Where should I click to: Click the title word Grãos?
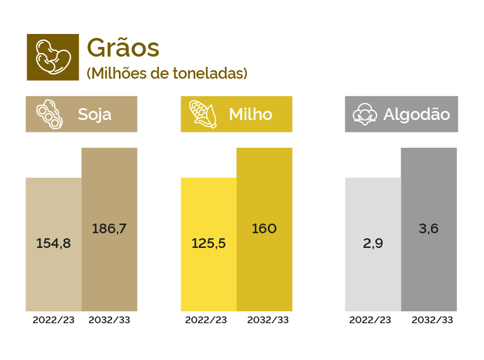(123, 48)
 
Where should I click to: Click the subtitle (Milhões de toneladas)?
(167, 74)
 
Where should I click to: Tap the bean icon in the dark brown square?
(53, 57)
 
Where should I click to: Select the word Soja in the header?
(95, 114)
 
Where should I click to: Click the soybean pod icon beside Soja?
(49, 114)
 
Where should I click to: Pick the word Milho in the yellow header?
(250, 114)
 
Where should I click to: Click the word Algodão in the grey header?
(417, 114)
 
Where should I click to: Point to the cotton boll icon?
(365, 114)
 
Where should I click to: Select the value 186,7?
(109, 229)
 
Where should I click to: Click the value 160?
(264, 229)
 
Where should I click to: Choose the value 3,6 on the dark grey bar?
(429, 229)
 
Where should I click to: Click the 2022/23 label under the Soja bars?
(53, 320)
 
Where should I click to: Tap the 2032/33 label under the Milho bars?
(268, 320)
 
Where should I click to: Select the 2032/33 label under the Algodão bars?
(432, 320)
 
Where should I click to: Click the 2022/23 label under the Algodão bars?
(370, 320)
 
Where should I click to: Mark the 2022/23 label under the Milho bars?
(206, 320)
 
